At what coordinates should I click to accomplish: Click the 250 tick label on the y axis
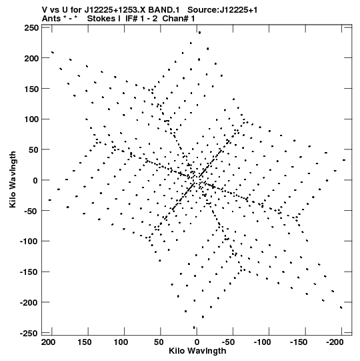[x=31, y=28]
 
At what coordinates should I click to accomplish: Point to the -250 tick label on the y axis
[x=29, y=333]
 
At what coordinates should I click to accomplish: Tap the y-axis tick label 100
[x=31, y=119]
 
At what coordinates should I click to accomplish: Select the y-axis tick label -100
[x=29, y=242]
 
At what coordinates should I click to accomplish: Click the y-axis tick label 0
[x=35, y=180]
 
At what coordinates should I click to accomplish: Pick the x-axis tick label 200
[x=48, y=342]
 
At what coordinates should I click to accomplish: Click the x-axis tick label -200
[x=335, y=342]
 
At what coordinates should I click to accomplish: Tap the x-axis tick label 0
[x=197, y=342]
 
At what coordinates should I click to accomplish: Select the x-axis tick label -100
[x=263, y=342]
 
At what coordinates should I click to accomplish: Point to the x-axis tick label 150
[x=85, y=342]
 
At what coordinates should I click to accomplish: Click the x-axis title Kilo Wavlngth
[x=197, y=351]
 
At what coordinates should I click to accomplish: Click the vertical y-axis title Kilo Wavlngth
[x=13, y=179]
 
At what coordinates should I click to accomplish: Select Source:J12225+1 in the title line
[x=223, y=10]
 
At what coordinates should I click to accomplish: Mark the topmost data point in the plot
[x=199, y=33]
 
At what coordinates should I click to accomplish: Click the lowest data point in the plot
[x=194, y=328]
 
